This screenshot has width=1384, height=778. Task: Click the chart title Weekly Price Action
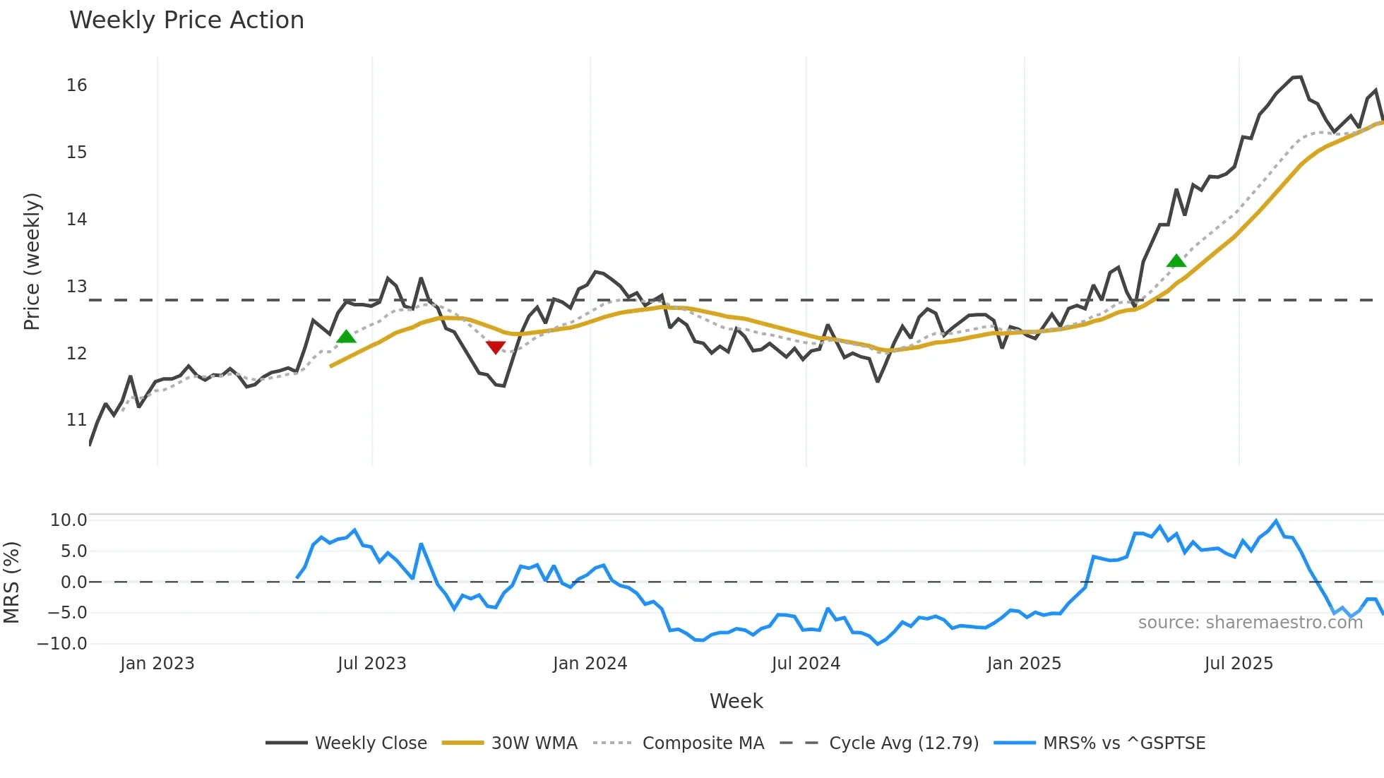click(x=186, y=20)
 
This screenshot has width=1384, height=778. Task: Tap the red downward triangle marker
click(x=496, y=347)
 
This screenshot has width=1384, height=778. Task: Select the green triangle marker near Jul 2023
click(x=346, y=337)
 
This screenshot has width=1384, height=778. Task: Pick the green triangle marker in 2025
click(x=1176, y=261)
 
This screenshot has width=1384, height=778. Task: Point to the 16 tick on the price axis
click(x=76, y=85)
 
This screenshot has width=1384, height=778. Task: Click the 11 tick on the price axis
click(x=76, y=420)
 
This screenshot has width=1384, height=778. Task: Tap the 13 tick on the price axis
click(x=76, y=287)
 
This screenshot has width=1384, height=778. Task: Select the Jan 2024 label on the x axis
click(x=590, y=664)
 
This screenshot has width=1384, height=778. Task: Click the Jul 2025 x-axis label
click(x=1239, y=664)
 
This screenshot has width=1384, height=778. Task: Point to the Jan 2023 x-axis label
click(x=157, y=664)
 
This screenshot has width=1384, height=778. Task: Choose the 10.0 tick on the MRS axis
click(x=68, y=520)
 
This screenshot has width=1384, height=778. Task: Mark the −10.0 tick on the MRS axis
click(x=62, y=644)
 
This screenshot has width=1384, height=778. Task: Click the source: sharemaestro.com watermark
click(x=1250, y=623)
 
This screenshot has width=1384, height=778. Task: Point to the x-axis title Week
click(x=736, y=701)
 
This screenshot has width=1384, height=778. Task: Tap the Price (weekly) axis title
click(x=32, y=261)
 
